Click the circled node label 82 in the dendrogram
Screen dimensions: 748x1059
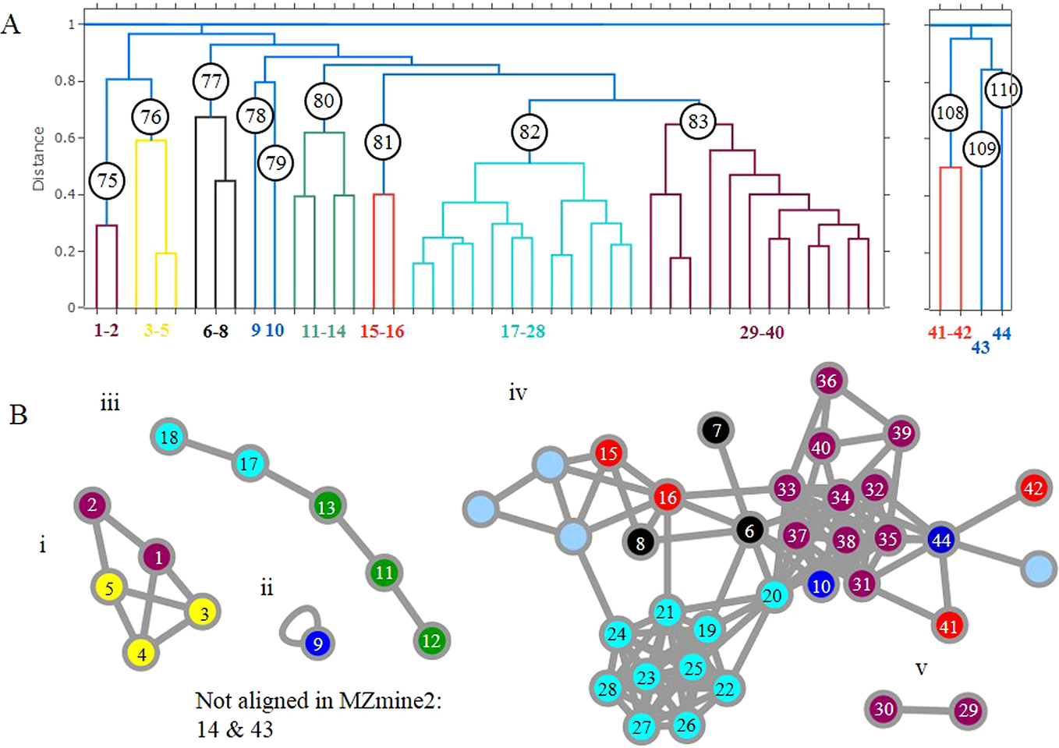[529, 132]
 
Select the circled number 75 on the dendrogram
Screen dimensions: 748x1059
[108, 181]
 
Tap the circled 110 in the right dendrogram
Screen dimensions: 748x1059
[1003, 90]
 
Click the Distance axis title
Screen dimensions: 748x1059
[38, 159]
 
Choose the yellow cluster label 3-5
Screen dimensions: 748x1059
[156, 331]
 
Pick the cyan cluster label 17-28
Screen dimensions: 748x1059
[522, 331]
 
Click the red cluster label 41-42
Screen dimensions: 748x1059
[949, 333]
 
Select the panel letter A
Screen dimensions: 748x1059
[11, 25]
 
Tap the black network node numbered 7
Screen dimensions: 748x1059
[717, 430]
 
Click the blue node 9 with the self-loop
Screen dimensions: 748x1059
[317, 644]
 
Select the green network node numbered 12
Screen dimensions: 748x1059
[431, 641]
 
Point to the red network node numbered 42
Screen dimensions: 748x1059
[1032, 488]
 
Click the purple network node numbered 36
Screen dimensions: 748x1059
[827, 381]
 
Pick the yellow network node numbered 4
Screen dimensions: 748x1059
[141, 654]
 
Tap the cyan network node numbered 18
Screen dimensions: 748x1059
[169, 438]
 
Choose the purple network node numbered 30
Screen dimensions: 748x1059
[884, 709]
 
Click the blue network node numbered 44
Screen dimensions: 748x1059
[941, 540]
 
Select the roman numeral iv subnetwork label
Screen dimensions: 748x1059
[518, 393]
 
